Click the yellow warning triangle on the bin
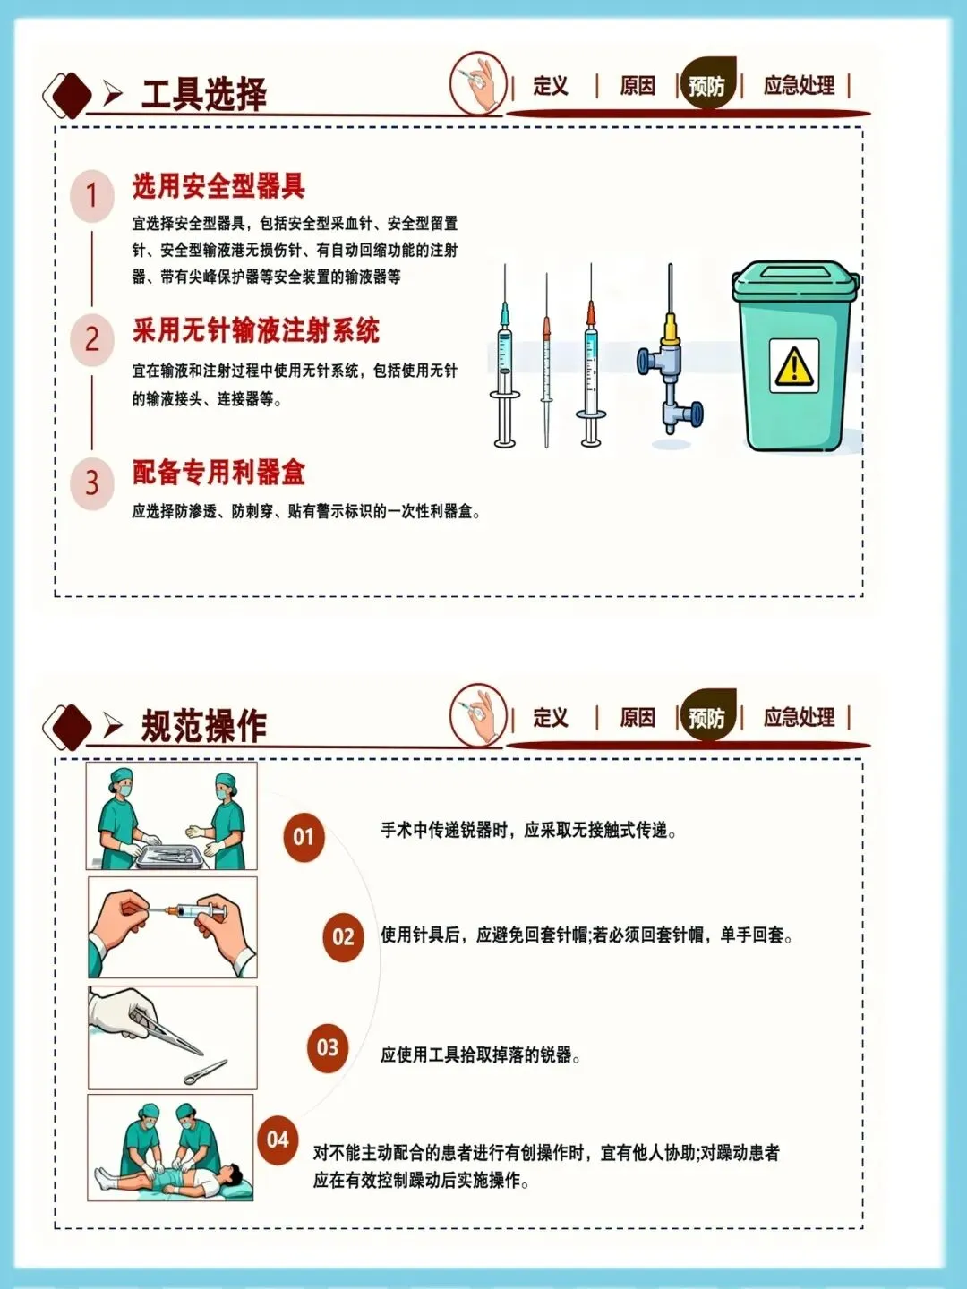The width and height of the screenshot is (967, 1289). (794, 364)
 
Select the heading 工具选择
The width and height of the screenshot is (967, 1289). (204, 94)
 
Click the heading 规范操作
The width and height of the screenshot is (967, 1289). (204, 726)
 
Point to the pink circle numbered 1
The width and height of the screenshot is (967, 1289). (92, 195)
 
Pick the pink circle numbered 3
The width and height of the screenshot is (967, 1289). (92, 483)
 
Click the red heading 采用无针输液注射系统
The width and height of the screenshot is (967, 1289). (256, 330)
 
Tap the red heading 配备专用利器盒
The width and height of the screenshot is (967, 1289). (219, 473)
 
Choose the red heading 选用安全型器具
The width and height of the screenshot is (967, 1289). (219, 186)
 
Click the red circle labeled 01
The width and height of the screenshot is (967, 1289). (304, 837)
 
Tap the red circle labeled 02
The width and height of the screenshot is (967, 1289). (343, 936)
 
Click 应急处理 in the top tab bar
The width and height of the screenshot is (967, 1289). (799, 86)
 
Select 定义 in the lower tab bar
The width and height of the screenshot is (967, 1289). (551, 718)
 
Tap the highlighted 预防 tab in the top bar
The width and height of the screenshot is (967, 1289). (707, 86)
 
